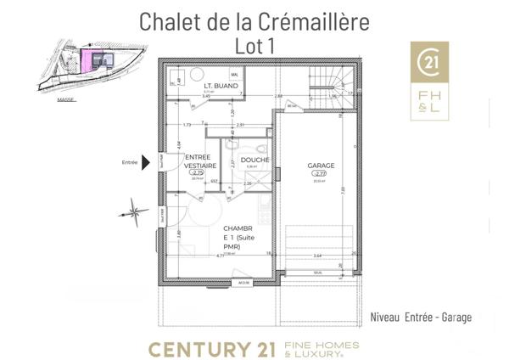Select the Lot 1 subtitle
254,46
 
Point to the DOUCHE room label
255,160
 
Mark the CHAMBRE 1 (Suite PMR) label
238,238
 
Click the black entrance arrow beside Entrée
146,161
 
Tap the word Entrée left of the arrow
130,161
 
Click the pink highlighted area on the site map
87,59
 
